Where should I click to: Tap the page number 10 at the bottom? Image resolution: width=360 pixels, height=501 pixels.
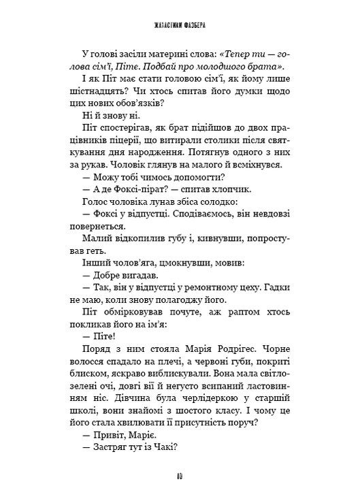point(180,475)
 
